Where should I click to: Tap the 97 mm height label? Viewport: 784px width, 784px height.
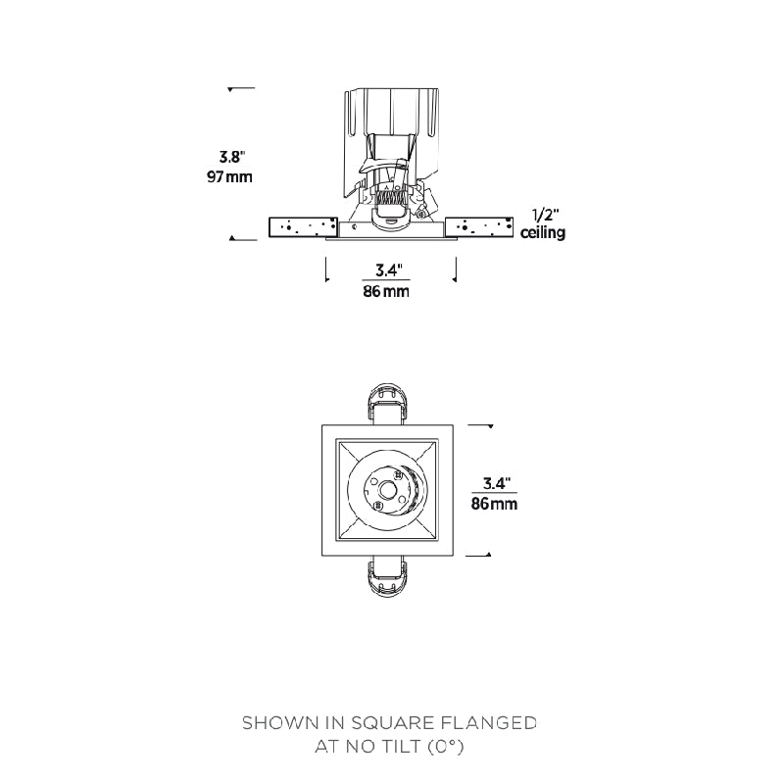click(229, 177)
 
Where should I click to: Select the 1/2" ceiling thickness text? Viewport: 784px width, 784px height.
click(544, 215)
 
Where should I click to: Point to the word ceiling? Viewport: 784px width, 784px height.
click(543, 233)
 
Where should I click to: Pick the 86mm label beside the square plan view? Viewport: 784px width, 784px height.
click(494, 504)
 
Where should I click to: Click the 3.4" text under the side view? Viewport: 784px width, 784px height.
click(389, 269)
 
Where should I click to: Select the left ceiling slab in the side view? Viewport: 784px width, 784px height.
click(303, 227)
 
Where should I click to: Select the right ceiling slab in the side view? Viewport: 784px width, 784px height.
click(479, 227)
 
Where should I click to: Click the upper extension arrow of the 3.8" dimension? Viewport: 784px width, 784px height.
click(231, 89)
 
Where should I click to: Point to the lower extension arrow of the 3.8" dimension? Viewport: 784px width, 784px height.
click(232, 238)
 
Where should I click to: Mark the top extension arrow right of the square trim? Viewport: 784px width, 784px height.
click(487, 426)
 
